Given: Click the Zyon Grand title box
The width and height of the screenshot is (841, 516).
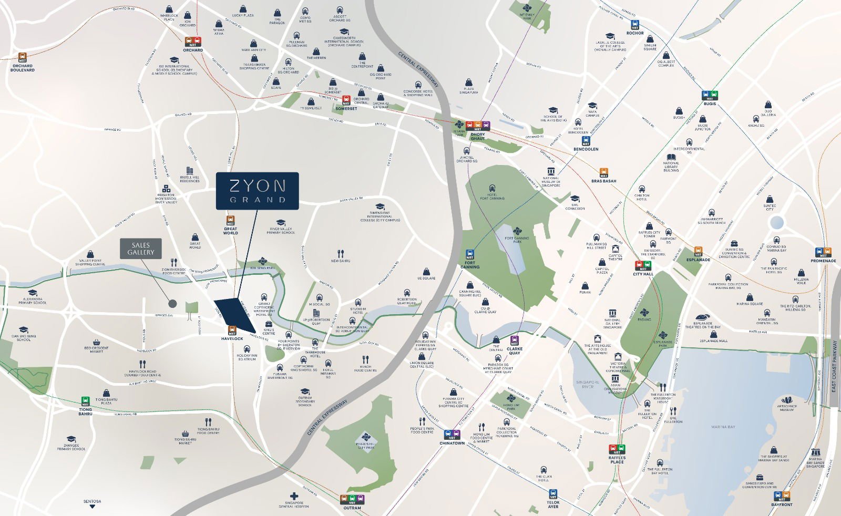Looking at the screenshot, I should (257, 191).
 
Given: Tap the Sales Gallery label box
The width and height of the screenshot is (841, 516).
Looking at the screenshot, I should (140, 249).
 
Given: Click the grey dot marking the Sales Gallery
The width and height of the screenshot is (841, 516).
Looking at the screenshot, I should (172, 303).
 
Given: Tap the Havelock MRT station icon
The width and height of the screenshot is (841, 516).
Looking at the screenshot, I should (232, 331).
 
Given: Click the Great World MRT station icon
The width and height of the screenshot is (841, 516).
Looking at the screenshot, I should (230, 220).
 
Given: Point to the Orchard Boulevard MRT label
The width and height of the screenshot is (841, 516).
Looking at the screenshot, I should (23, 68).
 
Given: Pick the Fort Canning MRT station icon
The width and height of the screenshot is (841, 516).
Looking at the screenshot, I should (469, 255).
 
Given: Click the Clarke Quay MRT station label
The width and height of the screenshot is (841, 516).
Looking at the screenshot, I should (514, 350).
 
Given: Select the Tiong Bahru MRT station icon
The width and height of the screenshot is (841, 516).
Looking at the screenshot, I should (85, 401).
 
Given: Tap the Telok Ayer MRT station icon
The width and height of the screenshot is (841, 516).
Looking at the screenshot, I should (553, 494).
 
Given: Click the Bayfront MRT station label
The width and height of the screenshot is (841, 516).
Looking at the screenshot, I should (782, 504).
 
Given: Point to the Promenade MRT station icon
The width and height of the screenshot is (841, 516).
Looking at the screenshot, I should (823, 252).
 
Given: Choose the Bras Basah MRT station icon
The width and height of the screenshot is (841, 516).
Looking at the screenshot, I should (603, 173).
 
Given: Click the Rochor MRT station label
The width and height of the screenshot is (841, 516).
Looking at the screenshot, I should (635, 33).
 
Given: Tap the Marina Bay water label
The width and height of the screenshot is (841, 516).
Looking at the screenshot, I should (723, 427).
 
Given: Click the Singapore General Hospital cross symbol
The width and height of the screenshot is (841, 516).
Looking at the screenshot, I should (294, 496).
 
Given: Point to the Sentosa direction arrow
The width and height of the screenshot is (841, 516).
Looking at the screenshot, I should (92, 507).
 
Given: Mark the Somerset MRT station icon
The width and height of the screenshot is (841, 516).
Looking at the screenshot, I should (346, 100).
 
